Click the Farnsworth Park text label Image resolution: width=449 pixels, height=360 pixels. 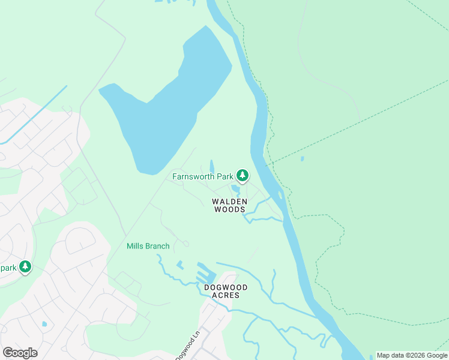tap(202, 176)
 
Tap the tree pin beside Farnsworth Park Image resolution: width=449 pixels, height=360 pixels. tap(242, 175)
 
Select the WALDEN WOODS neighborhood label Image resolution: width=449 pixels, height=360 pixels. tap(229, 205)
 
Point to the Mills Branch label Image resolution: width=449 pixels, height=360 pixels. tap(148, 246)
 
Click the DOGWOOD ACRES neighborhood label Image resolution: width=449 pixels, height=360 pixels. tap(226, 291)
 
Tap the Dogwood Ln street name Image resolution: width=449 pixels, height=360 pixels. tap(187, 347)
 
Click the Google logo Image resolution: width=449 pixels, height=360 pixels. tap(20, 352)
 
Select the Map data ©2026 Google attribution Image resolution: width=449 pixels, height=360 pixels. tap(412, 355)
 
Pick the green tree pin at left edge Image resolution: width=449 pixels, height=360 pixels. tap(25, 266)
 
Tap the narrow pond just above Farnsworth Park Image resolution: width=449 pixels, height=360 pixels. tap(211, 166)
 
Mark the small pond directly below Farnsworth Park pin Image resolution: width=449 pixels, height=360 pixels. tap(236, 190)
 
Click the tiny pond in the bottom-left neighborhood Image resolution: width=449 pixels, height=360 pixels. tap(44, 324)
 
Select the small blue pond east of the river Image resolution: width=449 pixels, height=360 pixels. tap(302, 159)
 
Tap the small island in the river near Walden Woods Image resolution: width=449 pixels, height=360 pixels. tap(280, 196)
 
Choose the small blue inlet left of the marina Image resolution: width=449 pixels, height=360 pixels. tap(179, 265)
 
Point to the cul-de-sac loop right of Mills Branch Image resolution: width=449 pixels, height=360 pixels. tap(186, 244)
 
